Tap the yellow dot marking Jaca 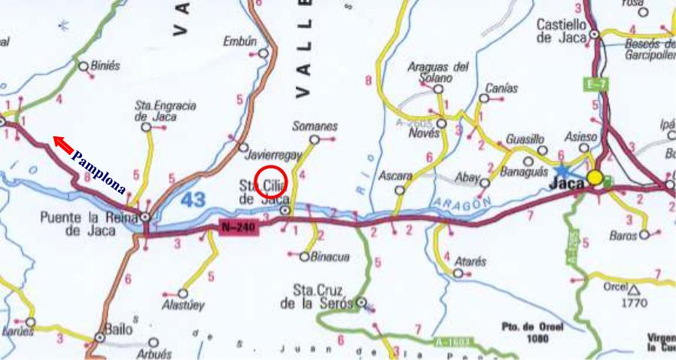tap(595, 178)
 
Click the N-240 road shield tap(239, 226)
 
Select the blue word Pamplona tap(99, 172)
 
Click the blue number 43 tap(193, 200)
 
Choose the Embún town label tap(241, 42)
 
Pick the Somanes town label tap(315, 127)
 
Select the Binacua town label tap(330, 258)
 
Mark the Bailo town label tap(120, 329)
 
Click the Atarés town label tap(470, 262)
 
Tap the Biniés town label tap(105, 66)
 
